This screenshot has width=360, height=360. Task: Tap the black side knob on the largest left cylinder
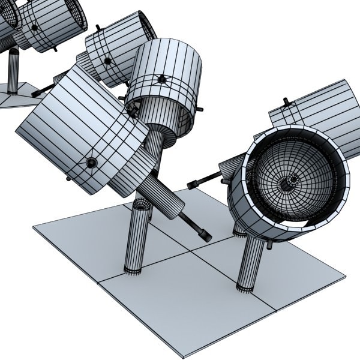91,163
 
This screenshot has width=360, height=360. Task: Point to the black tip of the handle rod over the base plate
204,236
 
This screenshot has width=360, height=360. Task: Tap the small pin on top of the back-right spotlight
286,102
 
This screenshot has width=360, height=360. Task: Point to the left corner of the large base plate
34,226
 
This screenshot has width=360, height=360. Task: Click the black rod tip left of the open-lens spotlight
193,184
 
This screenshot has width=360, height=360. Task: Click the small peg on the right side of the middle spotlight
199,110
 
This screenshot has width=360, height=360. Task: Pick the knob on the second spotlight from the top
108,60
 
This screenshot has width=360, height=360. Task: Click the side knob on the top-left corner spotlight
34,27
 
